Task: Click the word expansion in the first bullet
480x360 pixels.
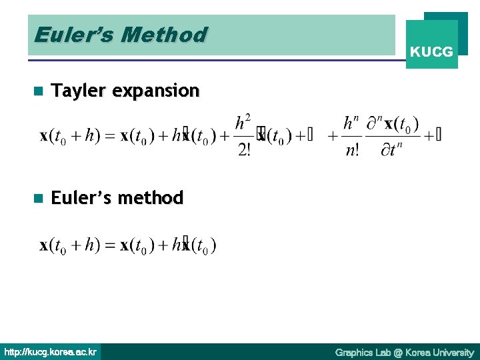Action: pyautogui.click(x=156, y=91)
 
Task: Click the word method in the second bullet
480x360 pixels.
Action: pyautogui.click(x=153, y=198)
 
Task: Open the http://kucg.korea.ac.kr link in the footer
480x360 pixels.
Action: pyautogui.click(x=51, y=352)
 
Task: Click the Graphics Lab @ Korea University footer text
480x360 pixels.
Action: pyautogui.click(x=404, y=352)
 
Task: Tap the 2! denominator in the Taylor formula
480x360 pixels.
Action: pyautogui.click(x=244, y=149)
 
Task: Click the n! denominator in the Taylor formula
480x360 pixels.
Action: pyautogui.click(x=351, y=149)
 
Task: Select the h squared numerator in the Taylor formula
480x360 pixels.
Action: pyautogui.click(x=243, y=123)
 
